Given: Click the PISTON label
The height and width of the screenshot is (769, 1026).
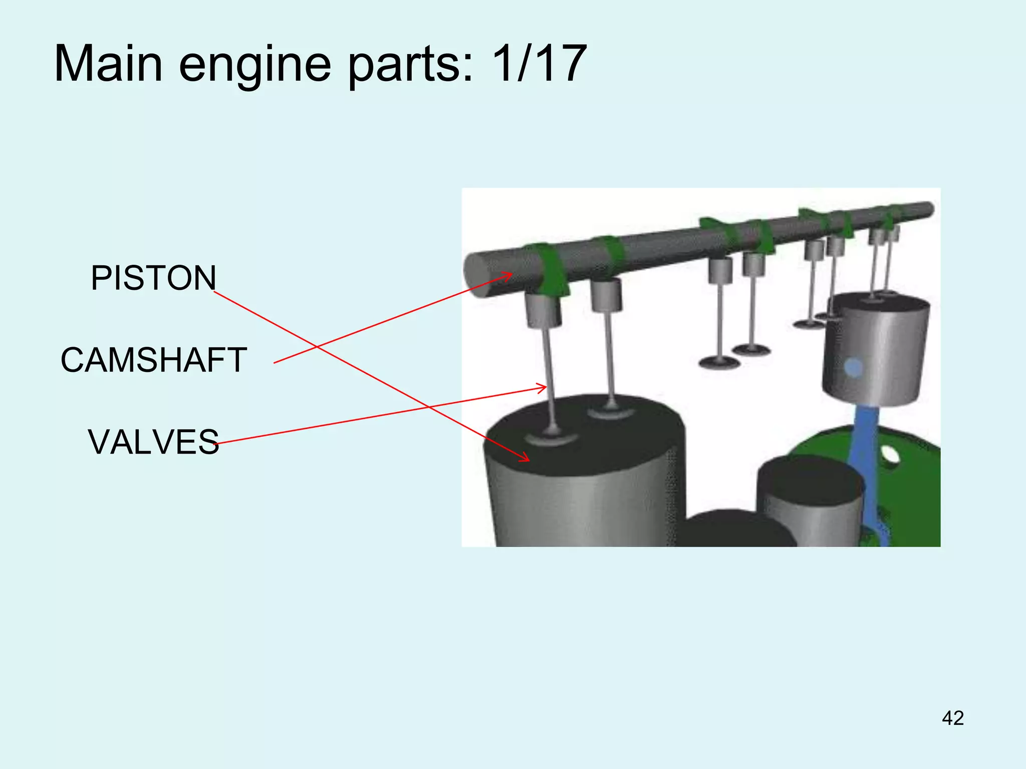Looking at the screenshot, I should click(x=153, y=278).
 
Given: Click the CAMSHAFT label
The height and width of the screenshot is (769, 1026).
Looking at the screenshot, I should click(x=153, y=360).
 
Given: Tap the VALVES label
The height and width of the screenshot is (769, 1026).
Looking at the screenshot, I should click(x=153, y=442).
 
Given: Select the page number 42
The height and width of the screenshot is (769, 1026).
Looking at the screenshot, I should click(x=952, y=718).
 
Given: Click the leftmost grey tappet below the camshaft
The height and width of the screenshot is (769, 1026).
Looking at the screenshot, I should click(x=543, y=310).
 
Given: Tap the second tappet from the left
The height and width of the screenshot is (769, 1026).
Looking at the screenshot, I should click(x=606, y=295).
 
